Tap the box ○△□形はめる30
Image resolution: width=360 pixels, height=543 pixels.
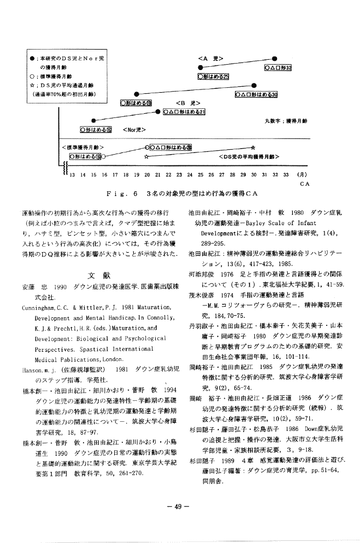tap(256, 95)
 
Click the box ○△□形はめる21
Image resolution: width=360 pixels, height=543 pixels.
tap(184, 112)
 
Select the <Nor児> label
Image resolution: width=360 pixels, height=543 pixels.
tap(133, 129)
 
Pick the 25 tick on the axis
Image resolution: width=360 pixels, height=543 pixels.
tap(199, 175)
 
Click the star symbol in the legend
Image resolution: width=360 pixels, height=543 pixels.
tap(33, 85)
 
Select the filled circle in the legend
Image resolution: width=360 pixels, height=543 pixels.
tap(33, 57)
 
